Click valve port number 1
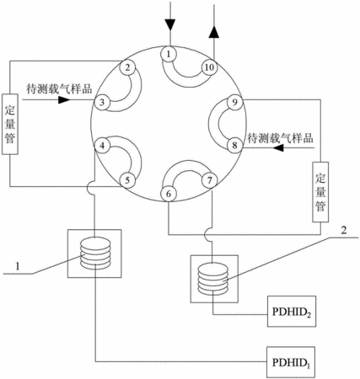point(169,53)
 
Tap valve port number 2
point(127,67)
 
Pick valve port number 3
point(102,102)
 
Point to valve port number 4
point(103,146)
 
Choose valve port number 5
point(127,180)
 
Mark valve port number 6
point(169,194)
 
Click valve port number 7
point(210,180)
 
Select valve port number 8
point(234,146)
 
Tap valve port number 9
point(234,102)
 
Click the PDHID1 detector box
point(291,362)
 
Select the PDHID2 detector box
point(292,311)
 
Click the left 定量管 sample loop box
point(10,124)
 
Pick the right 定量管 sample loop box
point(320,192)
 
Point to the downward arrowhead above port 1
point(170,24)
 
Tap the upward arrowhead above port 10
point(214,32)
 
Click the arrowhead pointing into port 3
point(64,99)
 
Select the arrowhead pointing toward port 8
point(278,147)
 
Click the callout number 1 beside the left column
point(18,266)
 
